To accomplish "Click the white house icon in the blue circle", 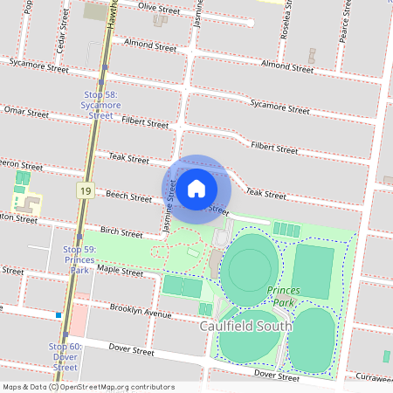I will (x=196, y=187).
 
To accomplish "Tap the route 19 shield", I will (x=85, y=190).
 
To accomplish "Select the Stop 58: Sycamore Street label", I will (x=101, y=104).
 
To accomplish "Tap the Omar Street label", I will (x=25, y=112).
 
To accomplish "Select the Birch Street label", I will (x=121, y=233).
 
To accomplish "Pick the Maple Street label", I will (x=120, y=272).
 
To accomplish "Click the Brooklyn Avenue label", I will (x=141, y=311).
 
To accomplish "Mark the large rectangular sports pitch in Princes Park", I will (x=313, y=270).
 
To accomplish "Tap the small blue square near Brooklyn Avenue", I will (x=59, y=314).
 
